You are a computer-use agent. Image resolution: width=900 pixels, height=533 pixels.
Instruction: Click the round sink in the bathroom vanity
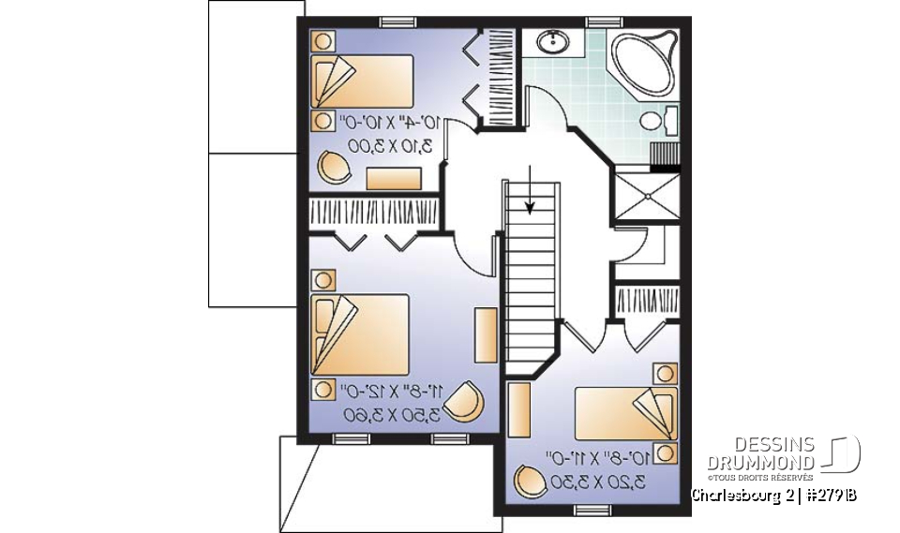click(x=551, y=41)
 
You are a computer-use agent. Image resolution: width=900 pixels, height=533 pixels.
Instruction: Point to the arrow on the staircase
click(x=531, y=191)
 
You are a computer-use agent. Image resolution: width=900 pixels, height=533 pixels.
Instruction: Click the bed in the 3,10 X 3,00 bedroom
click(x=363, y=81)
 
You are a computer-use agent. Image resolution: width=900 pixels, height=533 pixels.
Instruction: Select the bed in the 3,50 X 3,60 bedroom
click(x=360, y=335)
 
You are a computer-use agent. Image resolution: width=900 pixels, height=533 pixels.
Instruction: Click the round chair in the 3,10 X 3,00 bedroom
click(x=334, y=167)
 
